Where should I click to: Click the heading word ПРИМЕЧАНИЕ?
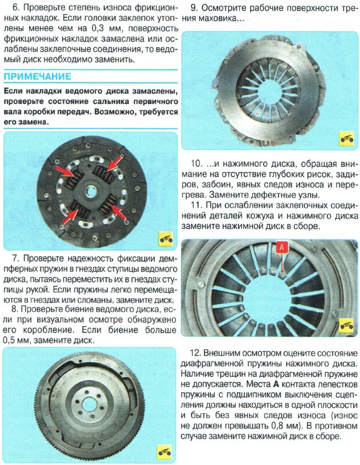pyautogui.click(x=38, y=77)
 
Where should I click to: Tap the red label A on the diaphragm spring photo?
pyautogui.click(x=281, y=247)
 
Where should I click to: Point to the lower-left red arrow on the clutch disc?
pyautogui.click(x=74, y=214)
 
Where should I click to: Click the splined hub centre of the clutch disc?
pyautogui.click(x=91, y=189)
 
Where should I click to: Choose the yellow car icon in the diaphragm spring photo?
pyautogui.click(x=345, y=324)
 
